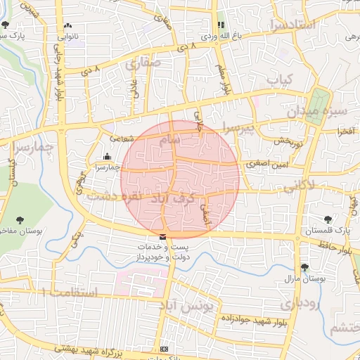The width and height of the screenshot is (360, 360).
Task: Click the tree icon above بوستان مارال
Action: (304, 266)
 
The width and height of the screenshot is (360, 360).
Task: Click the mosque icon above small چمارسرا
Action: (107, 156)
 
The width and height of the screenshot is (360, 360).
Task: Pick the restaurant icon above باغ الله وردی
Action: (221, 25)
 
